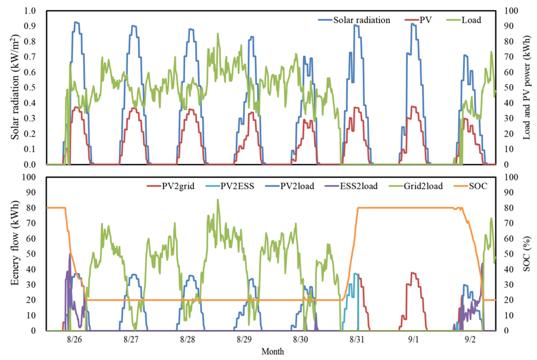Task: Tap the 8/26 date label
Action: pyautogui.click(x=74, y=340)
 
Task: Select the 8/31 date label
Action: pyautogui.click(x=357, y=340)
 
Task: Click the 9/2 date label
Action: pyautogui.click(x=470, y=340)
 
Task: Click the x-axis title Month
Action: pyautogui.click(x=273, y=352)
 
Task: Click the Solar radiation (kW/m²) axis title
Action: pyautogui.click(x=15, y=87)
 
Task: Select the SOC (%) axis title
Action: pyautogui.click(x=527, y=254)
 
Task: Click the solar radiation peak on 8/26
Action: pyautogui.click(x=76, y=22)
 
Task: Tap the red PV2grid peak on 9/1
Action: pyautogui.click(x=413, y=273)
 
